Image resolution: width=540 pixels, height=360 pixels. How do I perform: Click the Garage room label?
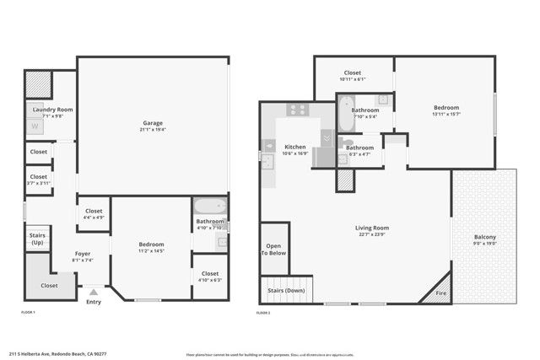153,123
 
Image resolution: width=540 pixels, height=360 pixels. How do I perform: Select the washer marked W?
35,127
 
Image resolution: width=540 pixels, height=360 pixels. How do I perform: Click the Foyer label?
82,254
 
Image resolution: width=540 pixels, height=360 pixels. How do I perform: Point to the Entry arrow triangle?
93,293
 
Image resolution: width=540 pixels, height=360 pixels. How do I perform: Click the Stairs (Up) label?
37,239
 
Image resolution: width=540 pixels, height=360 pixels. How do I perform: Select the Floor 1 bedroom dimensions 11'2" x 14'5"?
151,251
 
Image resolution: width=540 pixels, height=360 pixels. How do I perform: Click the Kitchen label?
294,147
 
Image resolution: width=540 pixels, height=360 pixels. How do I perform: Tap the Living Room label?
370,228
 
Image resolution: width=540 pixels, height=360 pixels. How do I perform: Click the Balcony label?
484,238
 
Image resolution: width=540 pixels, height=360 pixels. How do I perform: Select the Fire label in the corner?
440,293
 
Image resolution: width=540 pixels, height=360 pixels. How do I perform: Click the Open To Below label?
273,250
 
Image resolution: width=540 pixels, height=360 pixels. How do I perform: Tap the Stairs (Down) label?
286,291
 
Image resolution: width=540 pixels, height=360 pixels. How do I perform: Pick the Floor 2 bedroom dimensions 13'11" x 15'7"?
445,114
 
